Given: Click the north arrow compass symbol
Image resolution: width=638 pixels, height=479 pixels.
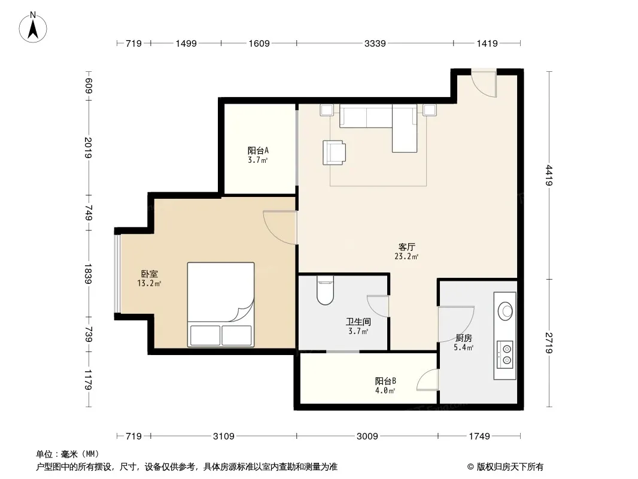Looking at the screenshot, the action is click(x=33, y=28).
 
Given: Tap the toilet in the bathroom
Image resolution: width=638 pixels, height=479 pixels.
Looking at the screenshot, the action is click(x=325, y=290).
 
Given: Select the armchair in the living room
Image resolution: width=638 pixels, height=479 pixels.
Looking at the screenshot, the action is click(x=334, y=153).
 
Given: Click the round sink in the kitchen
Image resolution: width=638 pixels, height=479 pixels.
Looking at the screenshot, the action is click(x=505, y=311).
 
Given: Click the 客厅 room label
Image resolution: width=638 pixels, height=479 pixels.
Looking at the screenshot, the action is click(x=406, y=247).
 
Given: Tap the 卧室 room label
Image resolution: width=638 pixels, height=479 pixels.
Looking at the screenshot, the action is click(x=150, y=274).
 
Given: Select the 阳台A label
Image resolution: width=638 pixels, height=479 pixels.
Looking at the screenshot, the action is click(x=258, y=150).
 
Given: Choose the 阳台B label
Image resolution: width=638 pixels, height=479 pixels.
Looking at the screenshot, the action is click(x=385, y=381).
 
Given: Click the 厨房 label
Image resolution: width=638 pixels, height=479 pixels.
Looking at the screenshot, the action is click(x=463, y=338).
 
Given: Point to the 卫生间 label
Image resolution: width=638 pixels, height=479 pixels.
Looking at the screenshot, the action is click(x=358, y=322).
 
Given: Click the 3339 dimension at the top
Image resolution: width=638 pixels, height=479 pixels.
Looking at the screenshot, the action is click(x=375, y=43).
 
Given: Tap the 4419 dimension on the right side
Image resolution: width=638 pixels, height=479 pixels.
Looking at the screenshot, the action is click(x=549, y=175).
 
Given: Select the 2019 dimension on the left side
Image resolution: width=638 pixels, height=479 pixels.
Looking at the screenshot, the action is click(x=89, y=147).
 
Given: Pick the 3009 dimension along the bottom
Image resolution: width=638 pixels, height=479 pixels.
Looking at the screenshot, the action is click(x=367, y=436).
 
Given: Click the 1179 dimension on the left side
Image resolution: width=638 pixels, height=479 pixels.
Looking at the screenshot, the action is click(x=89, y=379).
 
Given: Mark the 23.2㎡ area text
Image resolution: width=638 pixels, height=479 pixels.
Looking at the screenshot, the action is click(x=406, y=256).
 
